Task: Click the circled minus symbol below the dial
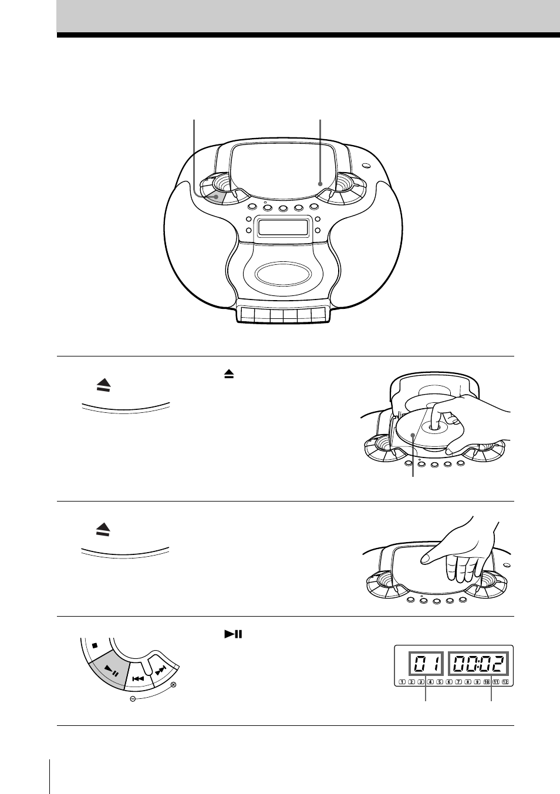point(133,699)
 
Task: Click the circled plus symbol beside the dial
point(173,685)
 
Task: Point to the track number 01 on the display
point(427,665)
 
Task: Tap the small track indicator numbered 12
point(505,682)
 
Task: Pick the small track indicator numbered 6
point(449,682)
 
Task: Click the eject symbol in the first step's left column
point(103,385)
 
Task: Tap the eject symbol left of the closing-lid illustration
point(103,530)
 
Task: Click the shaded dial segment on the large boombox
point(216,198)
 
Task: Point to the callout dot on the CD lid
point(320,184)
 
